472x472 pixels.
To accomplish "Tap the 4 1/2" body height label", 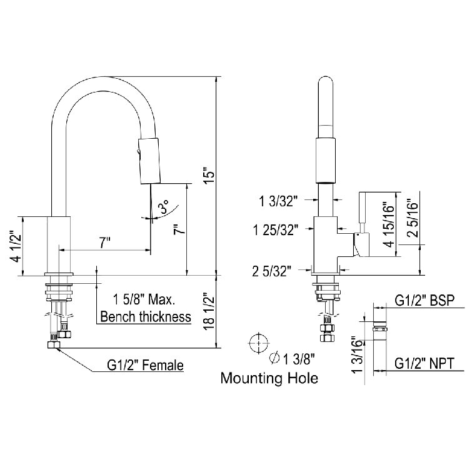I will pyautogui.click(x=14, y=246).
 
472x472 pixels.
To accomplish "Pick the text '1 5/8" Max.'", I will pyautogui.click(x=146, y=299).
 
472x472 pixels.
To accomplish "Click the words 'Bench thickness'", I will pyautogui.click(x=146, y=316).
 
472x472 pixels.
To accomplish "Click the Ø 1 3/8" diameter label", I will pyautogui.click(x=291, y=359).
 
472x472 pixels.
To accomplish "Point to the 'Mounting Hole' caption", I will pyautogui.click(x=269, y=378).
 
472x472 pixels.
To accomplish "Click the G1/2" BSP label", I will pyautogui.click(x=424, y=300).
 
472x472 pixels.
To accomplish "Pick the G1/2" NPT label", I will pyautogui.click(x=424, y=362).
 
